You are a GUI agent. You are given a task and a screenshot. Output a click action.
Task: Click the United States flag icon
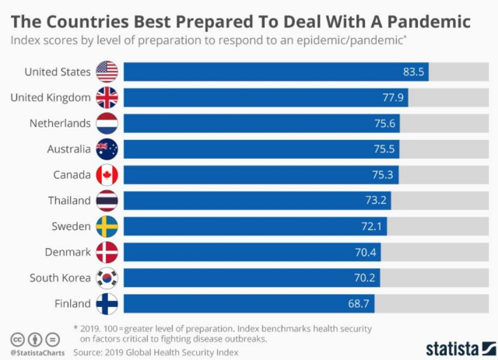(x=107, y=72)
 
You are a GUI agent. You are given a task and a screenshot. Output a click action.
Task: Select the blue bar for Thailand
(x=257, y=201)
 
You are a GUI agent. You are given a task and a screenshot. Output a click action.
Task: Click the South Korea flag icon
(x=107, y=278)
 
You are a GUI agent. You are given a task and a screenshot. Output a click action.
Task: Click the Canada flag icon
(x=107, y=175)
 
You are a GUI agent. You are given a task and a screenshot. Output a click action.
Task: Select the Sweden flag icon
(x=107, y=226)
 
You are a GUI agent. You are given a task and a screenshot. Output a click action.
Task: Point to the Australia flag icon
(x=107, y=149)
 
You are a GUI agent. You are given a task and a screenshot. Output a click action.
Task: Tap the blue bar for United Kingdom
(x=265, y=98)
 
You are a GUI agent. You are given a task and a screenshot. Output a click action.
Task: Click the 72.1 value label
(x=372, y=226)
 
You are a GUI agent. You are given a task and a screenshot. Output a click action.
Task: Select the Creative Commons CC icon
(x=17, y=340)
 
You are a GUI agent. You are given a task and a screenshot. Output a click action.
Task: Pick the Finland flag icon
(x=107, y=303)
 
